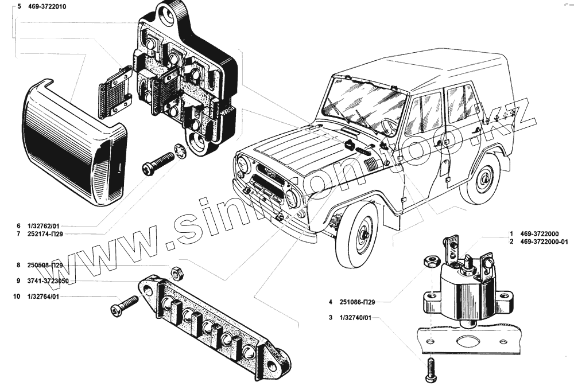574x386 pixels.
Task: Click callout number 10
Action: pos(17,297)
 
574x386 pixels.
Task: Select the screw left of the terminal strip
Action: pos(123,306)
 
